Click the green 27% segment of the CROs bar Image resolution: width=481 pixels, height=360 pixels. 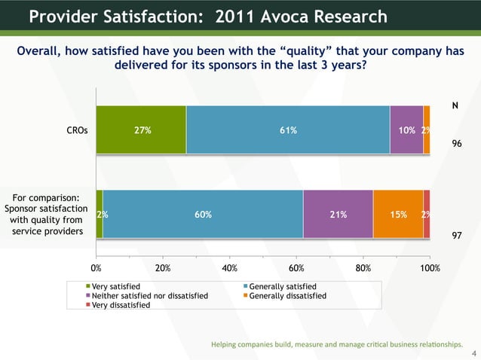141,130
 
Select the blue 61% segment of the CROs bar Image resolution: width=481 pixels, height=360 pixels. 288,130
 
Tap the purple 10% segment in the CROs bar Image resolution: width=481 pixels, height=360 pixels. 406,130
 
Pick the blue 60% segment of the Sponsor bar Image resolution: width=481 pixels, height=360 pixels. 203,215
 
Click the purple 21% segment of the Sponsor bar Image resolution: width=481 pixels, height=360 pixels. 338,215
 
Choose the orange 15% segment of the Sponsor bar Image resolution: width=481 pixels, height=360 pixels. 398,215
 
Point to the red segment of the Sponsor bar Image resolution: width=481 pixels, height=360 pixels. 427,215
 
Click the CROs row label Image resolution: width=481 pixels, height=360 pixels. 77,130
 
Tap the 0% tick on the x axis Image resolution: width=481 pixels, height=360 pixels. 97,267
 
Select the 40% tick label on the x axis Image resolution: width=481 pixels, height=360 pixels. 230,267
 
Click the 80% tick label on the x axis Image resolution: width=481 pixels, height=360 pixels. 363,267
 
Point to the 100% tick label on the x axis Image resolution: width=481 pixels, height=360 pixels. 430,267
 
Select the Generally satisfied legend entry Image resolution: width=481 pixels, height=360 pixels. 283,287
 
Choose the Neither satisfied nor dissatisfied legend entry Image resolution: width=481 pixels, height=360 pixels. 149,296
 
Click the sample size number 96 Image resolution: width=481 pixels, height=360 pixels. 456,142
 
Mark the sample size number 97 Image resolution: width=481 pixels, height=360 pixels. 456,236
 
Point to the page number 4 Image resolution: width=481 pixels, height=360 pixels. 473,352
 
